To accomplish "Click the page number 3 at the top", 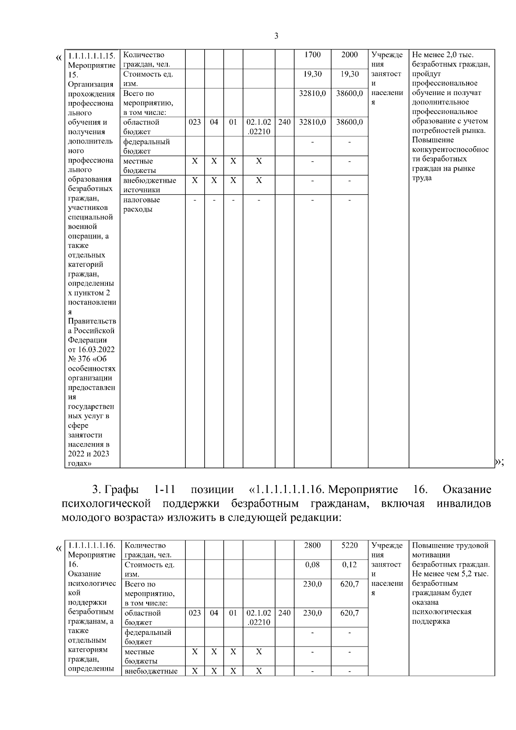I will (x=276, y=36).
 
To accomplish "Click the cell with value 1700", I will (x=312, y=55).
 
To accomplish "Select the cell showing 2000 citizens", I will (x=349, y=55).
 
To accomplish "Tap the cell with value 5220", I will (x=349, y=545).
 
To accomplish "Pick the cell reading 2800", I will (x=312, y=545).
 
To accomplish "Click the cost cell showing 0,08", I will (x=312, y=565).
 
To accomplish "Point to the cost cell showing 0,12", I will (x=349, y=565).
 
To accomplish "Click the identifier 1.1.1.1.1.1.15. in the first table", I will (x=92, y=55).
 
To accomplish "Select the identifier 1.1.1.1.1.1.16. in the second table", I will (x=92, y=545).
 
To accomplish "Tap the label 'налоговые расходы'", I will (x=141, y=205).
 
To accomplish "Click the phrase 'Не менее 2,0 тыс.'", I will (x=442, y=55).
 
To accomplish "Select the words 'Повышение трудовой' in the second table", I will (x=450, y=545).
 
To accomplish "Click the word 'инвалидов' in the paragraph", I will (x=464, y=504).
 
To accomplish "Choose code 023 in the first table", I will (x=194, y=122).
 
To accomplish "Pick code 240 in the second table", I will (x=284, y=613).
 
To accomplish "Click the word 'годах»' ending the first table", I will (x=80, y=464).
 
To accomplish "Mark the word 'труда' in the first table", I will (x=421, y=178).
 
